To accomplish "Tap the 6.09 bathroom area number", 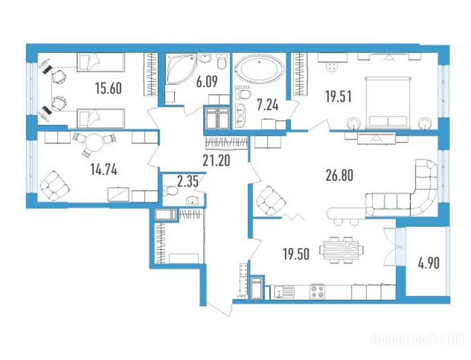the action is point(207,82).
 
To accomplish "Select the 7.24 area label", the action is point(268,105).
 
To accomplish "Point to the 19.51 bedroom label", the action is point(338,97).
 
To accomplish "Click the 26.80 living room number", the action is point(339,176).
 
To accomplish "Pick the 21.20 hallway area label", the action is point(216,161).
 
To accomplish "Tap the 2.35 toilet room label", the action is point(188,182).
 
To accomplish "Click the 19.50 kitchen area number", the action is point(296,255).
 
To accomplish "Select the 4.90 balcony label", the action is point(429,263).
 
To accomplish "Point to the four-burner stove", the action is point(318,291).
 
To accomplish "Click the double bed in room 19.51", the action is point(387,102).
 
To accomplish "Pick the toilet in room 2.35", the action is point(170,190).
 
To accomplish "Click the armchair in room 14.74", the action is point(55,186).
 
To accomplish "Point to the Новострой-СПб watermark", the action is point(418,339).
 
